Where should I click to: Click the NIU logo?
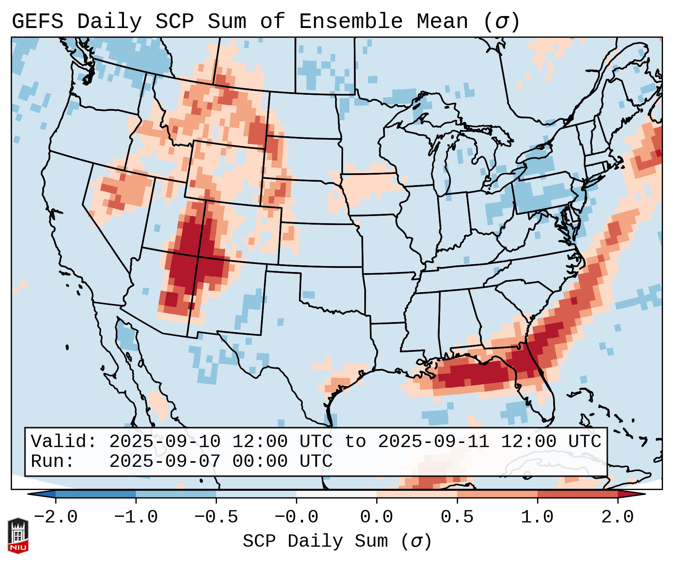click(18, 536)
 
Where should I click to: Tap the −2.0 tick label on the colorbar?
click(56, 517)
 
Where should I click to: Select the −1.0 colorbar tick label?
click(136, 517)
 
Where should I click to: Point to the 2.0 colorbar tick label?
click(618, 517)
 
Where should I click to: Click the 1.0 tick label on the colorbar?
click(537, 517)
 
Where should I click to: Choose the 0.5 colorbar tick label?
click(457, 517)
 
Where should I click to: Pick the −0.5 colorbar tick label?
click(216, 517)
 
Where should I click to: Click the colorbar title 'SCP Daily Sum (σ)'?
click(337, 541)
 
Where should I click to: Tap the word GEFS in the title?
click(37, 22)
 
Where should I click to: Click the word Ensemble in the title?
click(350, 22)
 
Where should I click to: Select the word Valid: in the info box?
click(64, 441)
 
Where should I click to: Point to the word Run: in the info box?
click(53, 461)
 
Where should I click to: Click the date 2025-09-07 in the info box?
click(165, 461)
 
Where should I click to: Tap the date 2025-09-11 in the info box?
click(433, 441)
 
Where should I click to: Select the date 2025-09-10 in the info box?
click(165, 441)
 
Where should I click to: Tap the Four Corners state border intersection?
click(198, 257)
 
